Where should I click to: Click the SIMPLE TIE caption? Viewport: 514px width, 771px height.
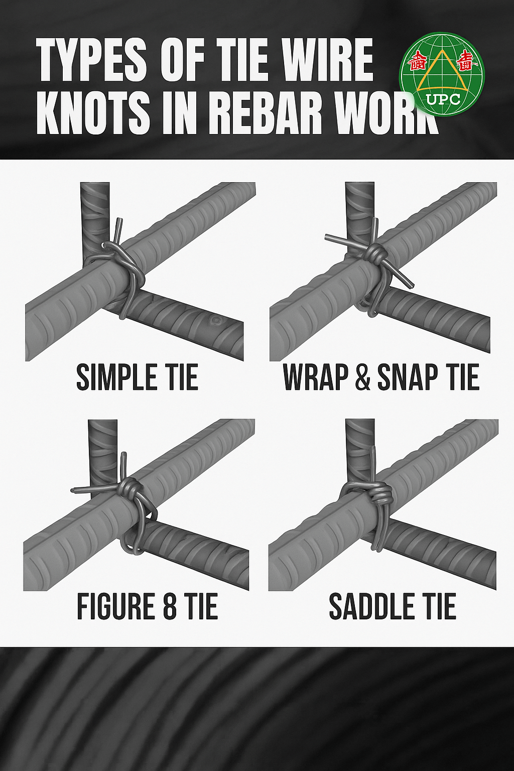tap(137, 377)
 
